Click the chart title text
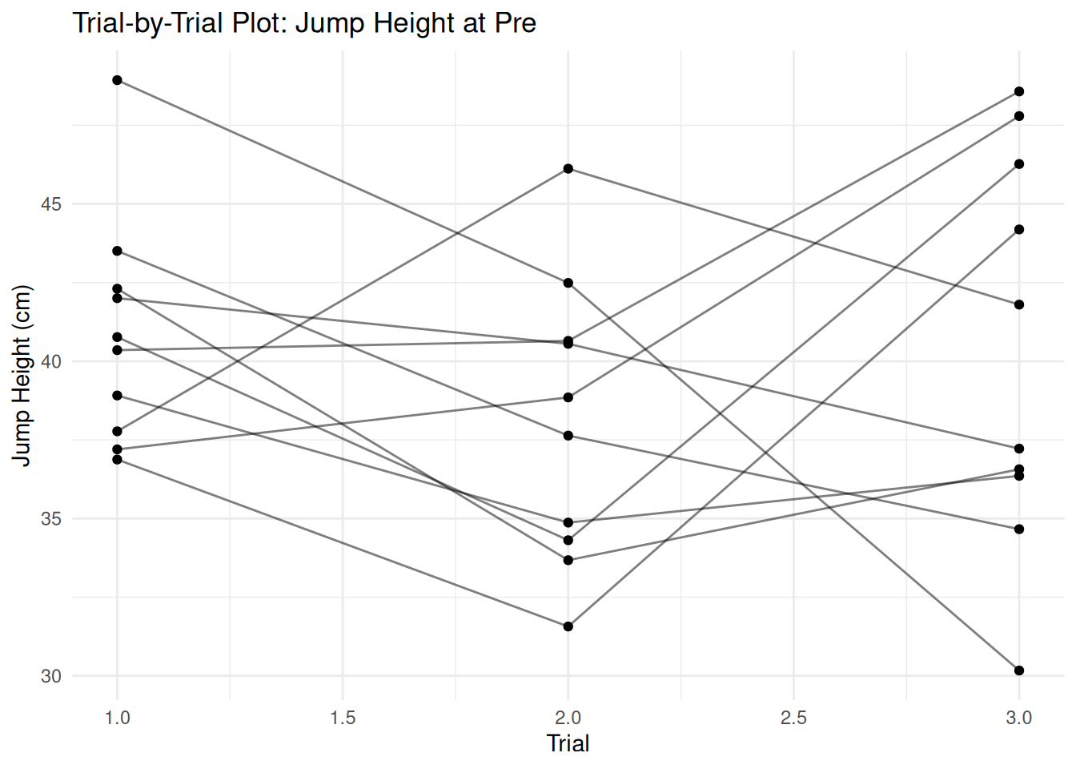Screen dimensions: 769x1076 304,22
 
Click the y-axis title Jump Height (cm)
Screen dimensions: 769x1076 22,375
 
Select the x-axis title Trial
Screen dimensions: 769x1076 568,743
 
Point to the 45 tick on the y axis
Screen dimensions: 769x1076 51,204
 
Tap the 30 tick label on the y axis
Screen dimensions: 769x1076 51,676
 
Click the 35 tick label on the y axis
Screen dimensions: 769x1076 51,519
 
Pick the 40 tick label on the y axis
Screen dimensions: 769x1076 51,361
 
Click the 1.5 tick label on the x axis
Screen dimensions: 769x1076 343,718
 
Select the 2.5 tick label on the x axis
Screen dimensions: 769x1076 793,718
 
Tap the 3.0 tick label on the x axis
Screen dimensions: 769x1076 1018,718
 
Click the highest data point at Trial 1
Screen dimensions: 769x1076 118,80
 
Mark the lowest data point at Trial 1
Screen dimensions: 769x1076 118,459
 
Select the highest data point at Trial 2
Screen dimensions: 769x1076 568,168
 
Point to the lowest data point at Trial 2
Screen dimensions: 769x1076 568,626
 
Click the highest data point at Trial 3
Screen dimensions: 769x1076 1019,91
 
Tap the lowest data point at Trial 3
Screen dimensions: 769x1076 1019,670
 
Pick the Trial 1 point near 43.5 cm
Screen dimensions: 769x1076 118,251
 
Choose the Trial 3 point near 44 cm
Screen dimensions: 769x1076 1019,230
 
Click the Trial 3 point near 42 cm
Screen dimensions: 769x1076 1019,304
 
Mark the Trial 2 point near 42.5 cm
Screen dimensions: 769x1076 568,283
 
